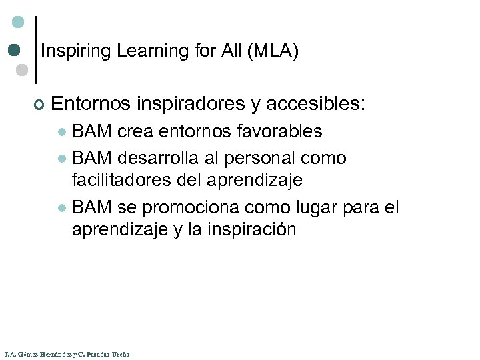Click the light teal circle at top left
click(x=18, y=22)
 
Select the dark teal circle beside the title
click(x=14, y=50)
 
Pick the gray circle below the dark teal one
click(x=21, y=69)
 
